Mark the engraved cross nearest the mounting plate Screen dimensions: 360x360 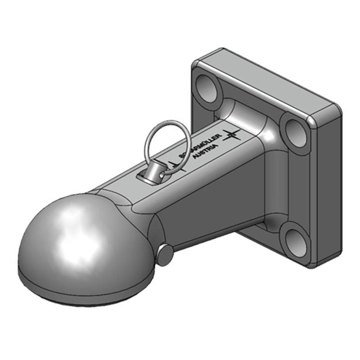click(x=232, y=134)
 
